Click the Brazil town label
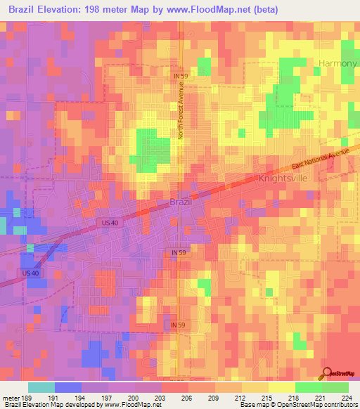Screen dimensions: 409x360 (x=181, y=202)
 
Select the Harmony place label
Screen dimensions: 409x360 (x=338, y=63)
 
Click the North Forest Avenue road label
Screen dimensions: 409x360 (x=180, y=108)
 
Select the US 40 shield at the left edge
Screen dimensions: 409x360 (x=30, y=273)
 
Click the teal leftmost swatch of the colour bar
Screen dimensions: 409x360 (x=41, y=387)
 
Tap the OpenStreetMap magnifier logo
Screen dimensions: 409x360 (x=326, y=374)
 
